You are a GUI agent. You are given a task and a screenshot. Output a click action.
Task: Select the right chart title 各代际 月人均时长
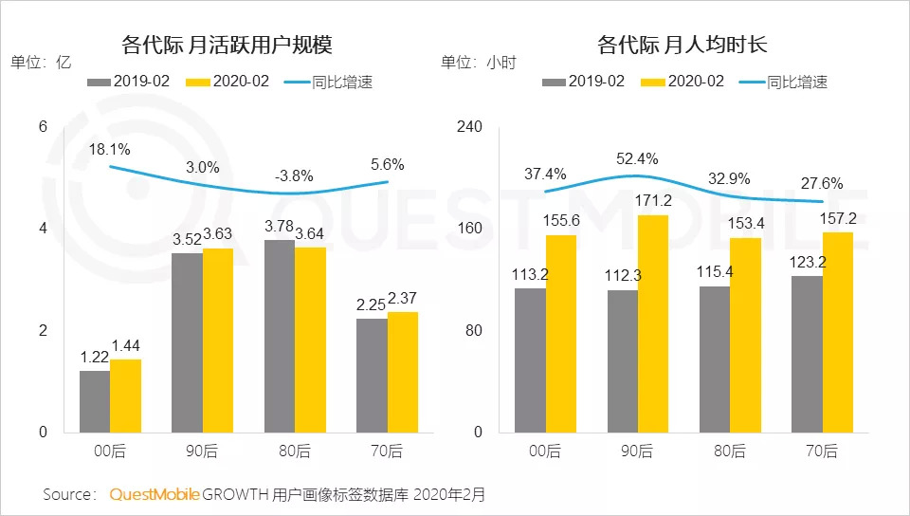pos(675,45)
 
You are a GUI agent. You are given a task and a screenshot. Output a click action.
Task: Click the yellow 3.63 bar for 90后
pos(217,340)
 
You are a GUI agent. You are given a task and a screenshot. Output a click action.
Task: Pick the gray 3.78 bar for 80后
pos(280,336)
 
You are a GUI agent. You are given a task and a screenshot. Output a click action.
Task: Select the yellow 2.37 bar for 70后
pos(402,372)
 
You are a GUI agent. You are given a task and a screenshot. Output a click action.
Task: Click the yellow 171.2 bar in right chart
pos(653,323)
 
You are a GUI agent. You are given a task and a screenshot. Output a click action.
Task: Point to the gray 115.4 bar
pos(715,359)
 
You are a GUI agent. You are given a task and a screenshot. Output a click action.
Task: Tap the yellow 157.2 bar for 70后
pos(838,332)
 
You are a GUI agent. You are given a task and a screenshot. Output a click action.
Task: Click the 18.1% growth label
pos(110,150)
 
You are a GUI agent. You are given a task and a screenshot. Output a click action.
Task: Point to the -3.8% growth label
pos(295,176)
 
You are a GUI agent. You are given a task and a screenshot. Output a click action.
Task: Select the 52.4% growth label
pos(637,158)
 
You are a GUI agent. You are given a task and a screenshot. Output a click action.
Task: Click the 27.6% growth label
pos(822,184)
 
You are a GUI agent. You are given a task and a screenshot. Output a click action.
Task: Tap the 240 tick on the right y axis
pos(470,127)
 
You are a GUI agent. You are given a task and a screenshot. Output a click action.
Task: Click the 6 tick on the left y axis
pos(42,127)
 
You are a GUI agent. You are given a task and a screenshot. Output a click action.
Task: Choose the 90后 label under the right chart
pos(638,451)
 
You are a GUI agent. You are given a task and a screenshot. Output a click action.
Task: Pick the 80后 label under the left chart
pos(295,451)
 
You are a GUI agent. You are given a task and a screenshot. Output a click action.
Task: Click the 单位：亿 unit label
pos(42,64)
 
